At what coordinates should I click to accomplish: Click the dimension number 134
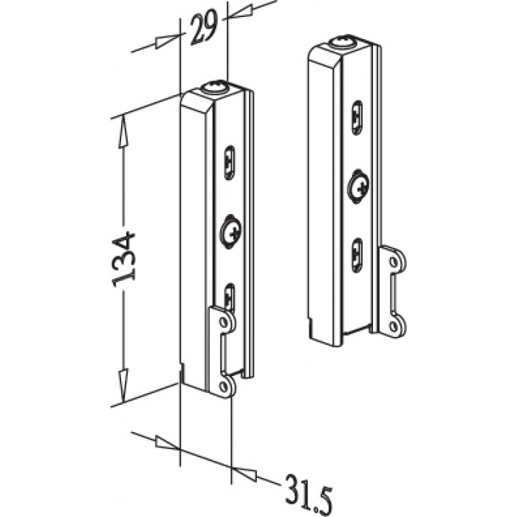point(123,259)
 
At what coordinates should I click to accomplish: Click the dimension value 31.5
point(307,493)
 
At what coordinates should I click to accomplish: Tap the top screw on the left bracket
point(216,89)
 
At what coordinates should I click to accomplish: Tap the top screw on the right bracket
point(343,43)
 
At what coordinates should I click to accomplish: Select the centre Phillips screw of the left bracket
point(230,230)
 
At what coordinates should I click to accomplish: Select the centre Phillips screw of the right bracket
point(358,186)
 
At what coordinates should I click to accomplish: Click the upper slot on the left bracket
point(230,163)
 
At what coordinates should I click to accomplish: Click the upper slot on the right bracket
point(357,117)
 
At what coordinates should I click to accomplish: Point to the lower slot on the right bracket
point(357,256)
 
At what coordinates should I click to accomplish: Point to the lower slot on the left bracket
point(230,297)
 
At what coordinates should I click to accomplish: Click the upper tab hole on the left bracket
point(225,321)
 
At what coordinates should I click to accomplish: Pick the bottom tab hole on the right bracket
point(393,326)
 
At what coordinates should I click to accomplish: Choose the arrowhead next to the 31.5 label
point(244,472)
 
